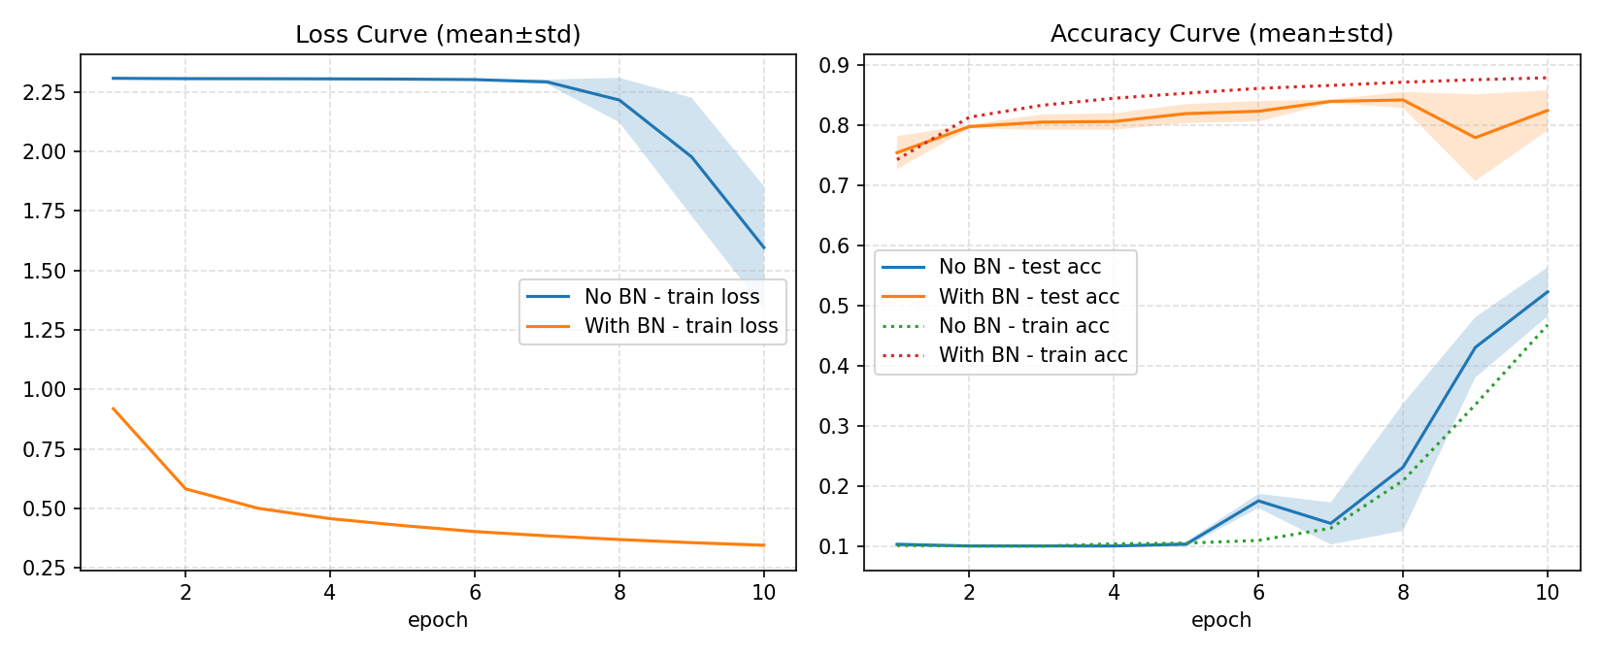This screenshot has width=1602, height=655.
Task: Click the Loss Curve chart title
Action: click(438, 35)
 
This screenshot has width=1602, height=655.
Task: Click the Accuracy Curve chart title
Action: click(1221, 34)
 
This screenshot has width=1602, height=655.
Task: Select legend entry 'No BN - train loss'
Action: click(671, 297)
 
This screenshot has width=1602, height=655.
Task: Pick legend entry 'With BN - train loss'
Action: click(681, 326)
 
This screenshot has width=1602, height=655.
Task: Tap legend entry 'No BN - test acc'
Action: click(1019, 267)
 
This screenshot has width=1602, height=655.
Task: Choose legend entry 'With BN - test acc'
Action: click(1028, 297)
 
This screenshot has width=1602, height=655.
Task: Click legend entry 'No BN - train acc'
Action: click(1023, 326)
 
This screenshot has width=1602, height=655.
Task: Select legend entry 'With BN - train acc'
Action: click(1032, 355)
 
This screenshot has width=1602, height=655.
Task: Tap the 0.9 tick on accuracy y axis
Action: click(835, 66)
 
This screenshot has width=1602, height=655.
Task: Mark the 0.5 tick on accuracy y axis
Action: click(835, 307)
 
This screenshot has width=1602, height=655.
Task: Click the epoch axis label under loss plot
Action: click(438, 620)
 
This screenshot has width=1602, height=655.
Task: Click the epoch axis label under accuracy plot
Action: click(1221, 620)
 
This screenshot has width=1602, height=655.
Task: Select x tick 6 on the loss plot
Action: click(475, 592)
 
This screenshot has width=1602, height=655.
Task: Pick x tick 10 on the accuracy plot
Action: click(1547, 592)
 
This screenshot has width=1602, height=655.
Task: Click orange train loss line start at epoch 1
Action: click(114, 409)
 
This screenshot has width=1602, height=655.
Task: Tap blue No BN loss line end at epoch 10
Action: click(764, 247)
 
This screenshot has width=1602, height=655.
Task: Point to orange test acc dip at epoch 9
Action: click(1475, 137)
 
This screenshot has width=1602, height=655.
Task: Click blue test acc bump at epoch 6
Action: click(1258, 501)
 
